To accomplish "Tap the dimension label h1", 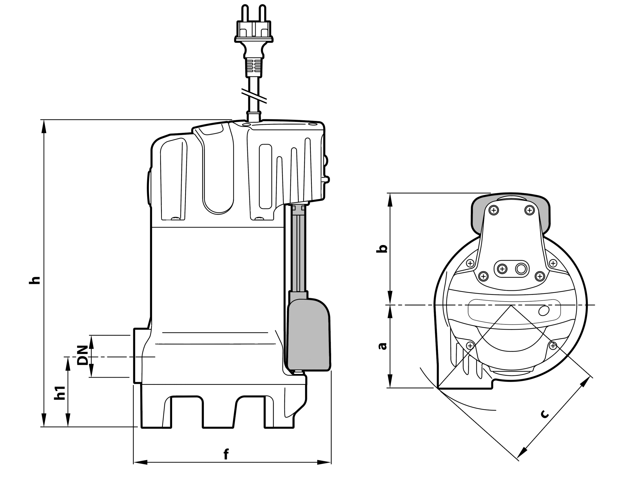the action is coord(60,393).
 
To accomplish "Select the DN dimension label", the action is coord(82,355).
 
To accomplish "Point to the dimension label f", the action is coord(226,454).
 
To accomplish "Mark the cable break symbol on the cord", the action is coord(254,96).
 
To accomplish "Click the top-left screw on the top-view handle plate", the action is coord(494,210).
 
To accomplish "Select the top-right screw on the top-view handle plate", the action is coord(530,210).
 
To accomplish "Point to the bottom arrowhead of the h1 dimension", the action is coord(68,420).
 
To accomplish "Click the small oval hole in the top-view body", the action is coord(544,310).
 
